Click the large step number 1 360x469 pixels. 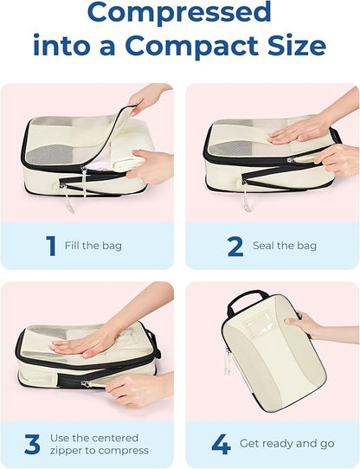click(50, 246)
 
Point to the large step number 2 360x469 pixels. click(235, 246)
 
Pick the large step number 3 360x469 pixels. click(33, 445)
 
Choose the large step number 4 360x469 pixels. click(221, 445)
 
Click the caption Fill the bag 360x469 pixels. click(93, 247)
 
